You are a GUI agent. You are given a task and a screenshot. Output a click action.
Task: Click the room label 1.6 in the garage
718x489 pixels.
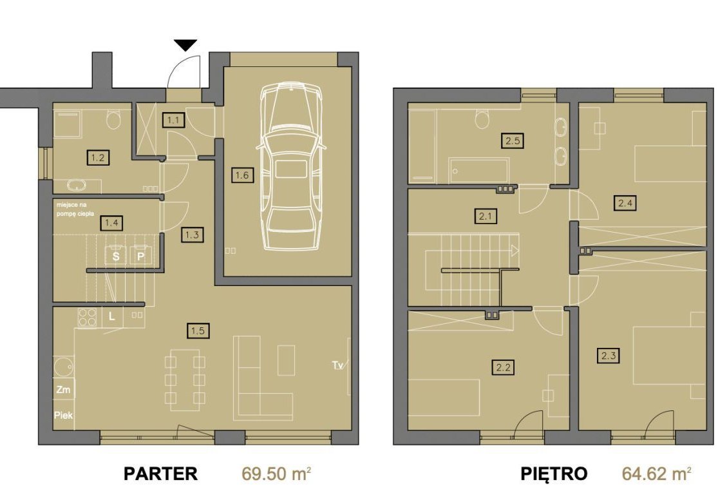point(241,175)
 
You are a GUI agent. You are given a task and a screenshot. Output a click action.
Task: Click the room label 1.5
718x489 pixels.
point(198,331)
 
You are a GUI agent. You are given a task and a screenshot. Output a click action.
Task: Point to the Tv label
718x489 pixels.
point(338,365)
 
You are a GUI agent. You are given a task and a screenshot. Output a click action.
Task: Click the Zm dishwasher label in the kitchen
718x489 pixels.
point(63,390)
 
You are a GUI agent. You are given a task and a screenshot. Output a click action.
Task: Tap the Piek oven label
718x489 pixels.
point(63,416)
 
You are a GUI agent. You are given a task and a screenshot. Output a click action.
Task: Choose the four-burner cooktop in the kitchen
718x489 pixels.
point(87,317)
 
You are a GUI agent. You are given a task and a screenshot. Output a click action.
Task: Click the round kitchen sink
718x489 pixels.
point(63,366)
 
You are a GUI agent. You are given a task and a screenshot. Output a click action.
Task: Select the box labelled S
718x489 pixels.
point(116,256)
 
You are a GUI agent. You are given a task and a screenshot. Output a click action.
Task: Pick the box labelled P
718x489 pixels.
point(140,256)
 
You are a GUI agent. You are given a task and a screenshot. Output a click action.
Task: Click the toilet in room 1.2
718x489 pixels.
point(113,120)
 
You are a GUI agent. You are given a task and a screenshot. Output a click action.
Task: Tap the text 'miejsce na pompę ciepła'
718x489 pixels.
point(75,209)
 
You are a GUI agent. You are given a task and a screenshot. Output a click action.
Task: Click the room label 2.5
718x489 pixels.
point(513,140)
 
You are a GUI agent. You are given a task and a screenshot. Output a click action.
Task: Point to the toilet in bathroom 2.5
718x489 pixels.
point(481,119)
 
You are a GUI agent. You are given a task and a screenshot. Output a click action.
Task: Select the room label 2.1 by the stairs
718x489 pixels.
point(485,215)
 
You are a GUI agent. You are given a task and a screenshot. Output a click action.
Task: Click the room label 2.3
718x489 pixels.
point(609,355)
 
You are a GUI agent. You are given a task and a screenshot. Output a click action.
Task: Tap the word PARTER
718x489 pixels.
point(161,474)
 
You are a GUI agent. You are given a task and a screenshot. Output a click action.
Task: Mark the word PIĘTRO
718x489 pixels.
point(554,474)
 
